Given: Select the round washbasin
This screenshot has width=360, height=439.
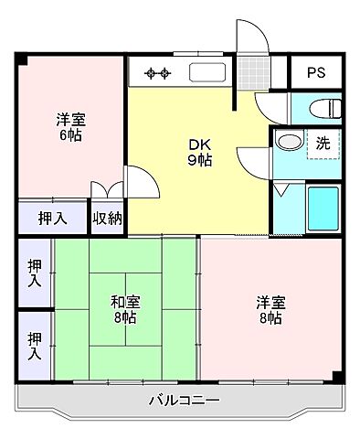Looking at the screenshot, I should pyautogui.click(x=288, y=144).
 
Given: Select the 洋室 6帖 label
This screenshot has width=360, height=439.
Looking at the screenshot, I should pyautogui.click(x=69, y=125).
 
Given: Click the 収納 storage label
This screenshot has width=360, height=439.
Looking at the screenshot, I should pyautogui.click(x=108, y=218).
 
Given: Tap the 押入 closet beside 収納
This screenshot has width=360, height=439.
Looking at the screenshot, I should pyautogui.click(x=52, y=218).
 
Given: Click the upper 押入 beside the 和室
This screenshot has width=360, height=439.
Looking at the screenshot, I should pyautogui.click(x=35, y=272).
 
